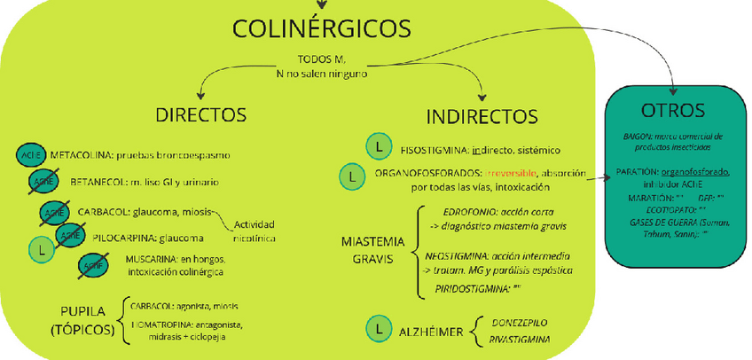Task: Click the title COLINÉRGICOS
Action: [323, 29]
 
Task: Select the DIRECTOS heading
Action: [200, 115]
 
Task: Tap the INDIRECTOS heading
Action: [482, 116]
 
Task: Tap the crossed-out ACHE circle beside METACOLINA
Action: [29, 154]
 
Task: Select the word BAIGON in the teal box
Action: [636, 136]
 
